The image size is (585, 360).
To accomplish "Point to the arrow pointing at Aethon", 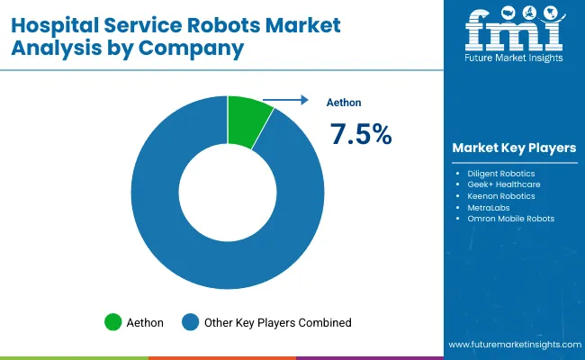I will [283, 102].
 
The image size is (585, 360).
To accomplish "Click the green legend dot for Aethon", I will [113, 321].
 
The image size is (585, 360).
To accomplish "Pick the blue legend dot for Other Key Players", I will [190, 321].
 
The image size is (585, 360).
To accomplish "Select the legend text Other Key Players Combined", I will [277, 321].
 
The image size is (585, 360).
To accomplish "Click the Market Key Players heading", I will [514, 148].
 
